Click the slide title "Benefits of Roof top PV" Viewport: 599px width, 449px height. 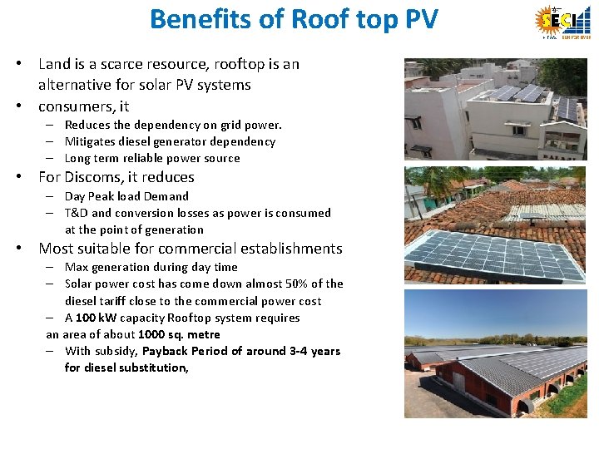[294, 19]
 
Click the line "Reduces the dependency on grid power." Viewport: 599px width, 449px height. [173, 125]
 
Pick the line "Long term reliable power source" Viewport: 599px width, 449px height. [152, 158]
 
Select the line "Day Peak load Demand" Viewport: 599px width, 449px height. [126, 196]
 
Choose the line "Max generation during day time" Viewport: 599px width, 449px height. [151, 267]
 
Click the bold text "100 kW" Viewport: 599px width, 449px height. [97, 318]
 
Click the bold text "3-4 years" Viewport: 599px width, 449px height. [314, 351]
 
